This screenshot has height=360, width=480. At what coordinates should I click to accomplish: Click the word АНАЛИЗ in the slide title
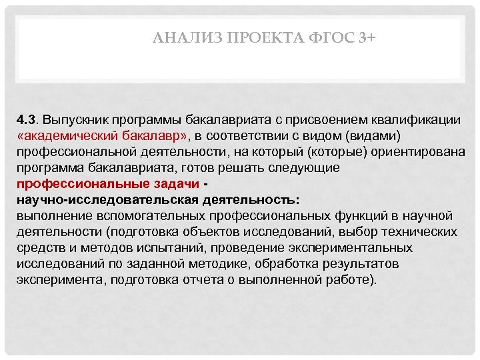tap(178, 39)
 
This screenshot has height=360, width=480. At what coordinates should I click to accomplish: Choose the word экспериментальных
tap(357, 248)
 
